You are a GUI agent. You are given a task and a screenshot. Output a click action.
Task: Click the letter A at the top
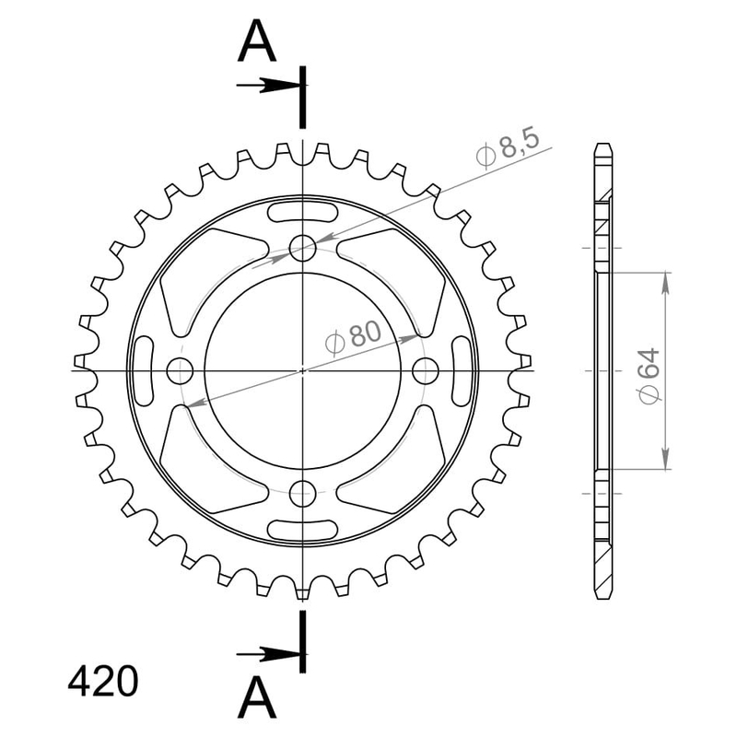[x=258, y=41]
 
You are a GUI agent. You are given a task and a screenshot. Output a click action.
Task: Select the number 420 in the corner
[x=103, y=682]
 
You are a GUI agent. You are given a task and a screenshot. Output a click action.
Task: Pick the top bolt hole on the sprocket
[x=302, y=247]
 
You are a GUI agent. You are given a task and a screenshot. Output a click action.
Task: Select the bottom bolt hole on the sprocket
[x=302, y=495]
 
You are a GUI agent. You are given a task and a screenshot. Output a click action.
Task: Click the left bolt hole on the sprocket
[x=179, y=371]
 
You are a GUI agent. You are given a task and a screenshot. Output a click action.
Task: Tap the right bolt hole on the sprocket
[x=426, y=371]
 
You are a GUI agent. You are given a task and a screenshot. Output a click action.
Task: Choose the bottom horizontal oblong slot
[x=302, y=528]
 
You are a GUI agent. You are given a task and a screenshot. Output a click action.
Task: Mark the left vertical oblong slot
[x=146, y=371]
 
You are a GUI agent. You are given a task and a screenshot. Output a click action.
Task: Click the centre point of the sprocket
[x=302, y=371]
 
